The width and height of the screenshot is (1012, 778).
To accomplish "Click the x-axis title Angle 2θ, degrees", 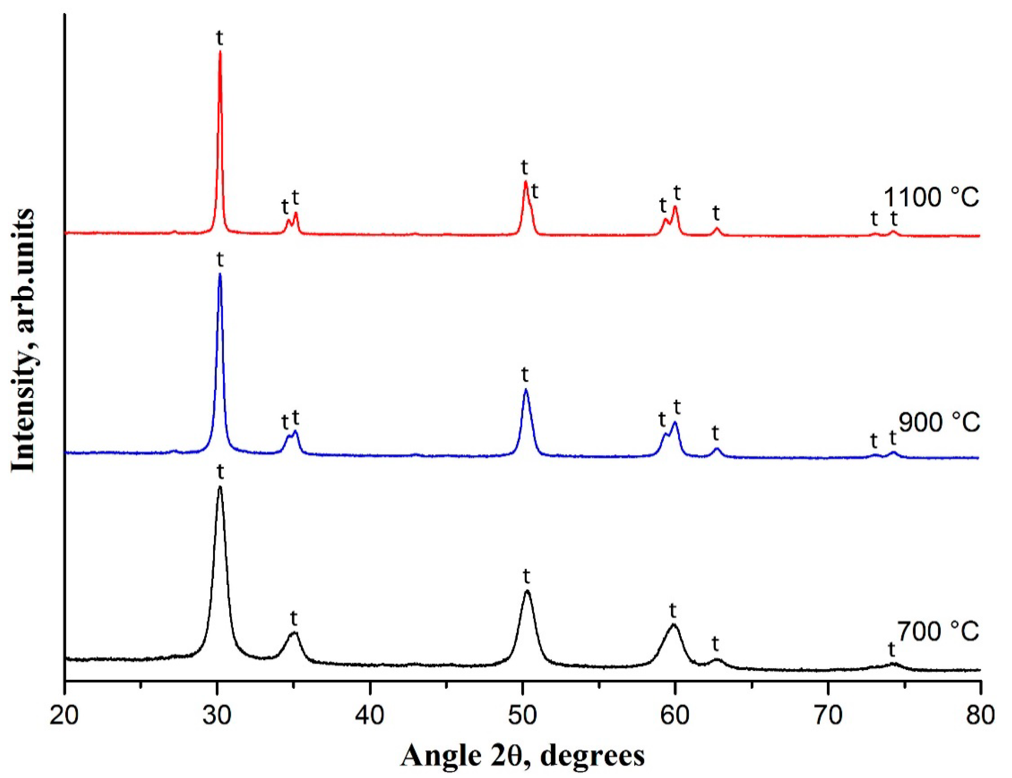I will click(522, 757).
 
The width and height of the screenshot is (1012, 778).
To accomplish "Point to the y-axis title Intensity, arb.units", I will click(23, 340).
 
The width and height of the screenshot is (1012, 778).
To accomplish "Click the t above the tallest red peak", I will click(220, 38).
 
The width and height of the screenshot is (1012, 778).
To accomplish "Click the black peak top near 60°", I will click(673, 625).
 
